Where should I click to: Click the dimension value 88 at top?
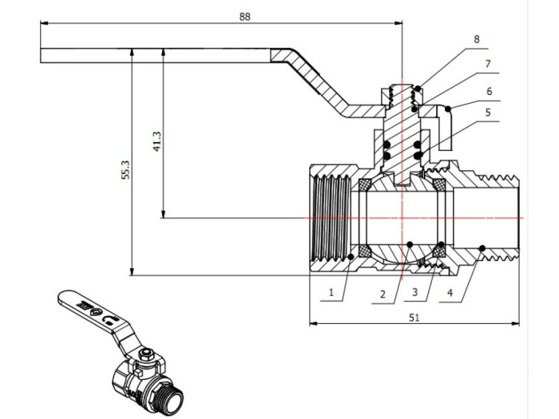tap(244, 17)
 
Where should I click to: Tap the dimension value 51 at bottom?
tap(414, 317)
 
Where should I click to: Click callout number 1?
tap(330, 293)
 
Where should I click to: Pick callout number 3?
tap(414, 293)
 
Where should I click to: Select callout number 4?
tap(450, 293)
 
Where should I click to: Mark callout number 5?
tap(489, 114)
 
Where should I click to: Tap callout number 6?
tap(489, 91)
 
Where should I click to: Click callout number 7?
tap(488, 63)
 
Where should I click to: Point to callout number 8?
tap(477, 38)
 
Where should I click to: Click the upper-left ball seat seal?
tap(364, 185)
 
